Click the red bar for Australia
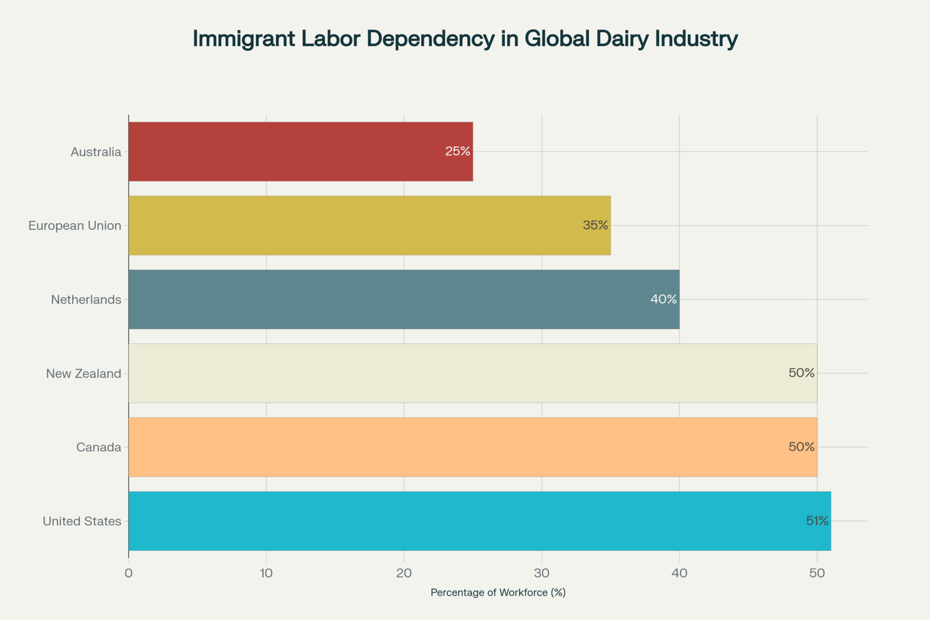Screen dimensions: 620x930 tap(300, 152)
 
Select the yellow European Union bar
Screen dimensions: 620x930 tap(369, 226)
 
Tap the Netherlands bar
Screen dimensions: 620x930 tap(404, 300)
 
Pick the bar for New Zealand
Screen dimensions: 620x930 tap(472, 373)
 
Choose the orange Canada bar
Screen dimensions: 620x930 tap(472, 447)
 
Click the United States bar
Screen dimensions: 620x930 tap(479, 521)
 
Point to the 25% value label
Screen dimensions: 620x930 tap(458, 151)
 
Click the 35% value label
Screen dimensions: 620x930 tap(595, 225)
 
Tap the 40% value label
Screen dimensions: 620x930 tap(664, 299)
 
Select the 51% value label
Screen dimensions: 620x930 tap(817, 521)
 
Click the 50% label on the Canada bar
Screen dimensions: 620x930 tap(802, 447)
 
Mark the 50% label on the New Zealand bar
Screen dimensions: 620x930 tap(802, 373)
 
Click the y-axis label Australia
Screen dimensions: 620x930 tap(96, 152)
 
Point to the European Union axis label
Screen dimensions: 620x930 tap(75, 226)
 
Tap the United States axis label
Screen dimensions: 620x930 tap(82, 521)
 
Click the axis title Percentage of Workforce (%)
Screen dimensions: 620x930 tap(498, 593)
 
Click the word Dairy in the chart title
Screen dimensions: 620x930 tap(622, 39)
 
